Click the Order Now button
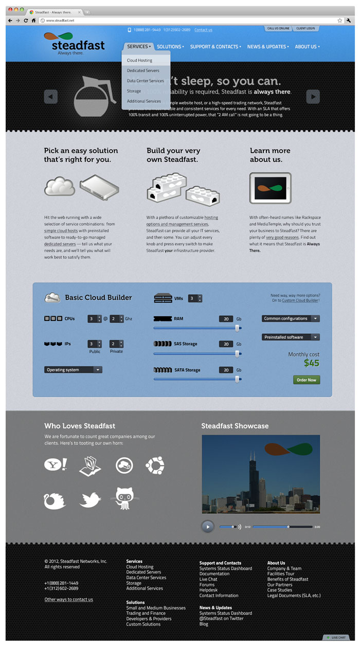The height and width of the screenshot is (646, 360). [307, 380]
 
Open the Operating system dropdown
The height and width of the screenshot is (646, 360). [73, 370]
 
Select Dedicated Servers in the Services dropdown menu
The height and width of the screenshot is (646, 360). [144, 70]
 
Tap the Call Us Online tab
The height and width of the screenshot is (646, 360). [278, 29]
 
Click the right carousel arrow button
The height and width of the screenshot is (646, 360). [313, 97]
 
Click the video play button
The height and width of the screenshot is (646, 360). [208, 526]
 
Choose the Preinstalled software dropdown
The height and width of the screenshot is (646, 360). [291, 337]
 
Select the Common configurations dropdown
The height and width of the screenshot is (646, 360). [291, 319]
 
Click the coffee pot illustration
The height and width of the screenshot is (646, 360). [93, 96]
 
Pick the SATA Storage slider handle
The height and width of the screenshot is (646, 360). [237, 379]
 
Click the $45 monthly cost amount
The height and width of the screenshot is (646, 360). [311, 363]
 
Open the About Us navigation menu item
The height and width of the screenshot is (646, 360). [307, 47]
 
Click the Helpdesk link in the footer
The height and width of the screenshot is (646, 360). [208, 590]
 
